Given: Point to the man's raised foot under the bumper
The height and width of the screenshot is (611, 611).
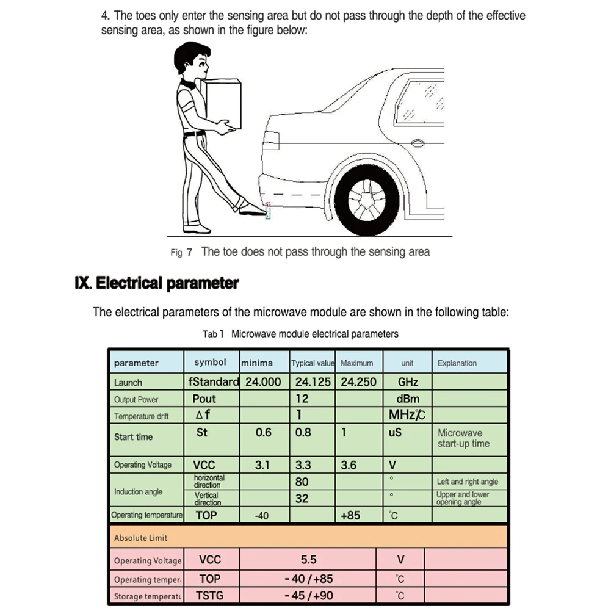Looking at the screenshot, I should [x=252, y=209].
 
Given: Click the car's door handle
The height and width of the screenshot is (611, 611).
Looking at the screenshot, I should [x=418, y=144].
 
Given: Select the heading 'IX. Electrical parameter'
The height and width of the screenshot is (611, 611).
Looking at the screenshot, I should [x=156, y=283].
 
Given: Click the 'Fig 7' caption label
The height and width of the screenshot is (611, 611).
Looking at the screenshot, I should [x=181, y=252].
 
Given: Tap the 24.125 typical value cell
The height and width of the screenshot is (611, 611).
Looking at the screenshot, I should [x=313, y=382].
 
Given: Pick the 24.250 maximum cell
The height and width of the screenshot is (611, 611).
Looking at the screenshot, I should [x=358, y=382].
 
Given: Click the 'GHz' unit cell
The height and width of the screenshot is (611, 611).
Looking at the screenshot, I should [x=408, y=382].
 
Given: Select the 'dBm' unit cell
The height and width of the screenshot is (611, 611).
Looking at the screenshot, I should [x=408, y=399].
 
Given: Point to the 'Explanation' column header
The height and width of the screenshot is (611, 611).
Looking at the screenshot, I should [x=457, y=363].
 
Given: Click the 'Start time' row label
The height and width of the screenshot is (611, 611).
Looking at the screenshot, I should [x=133, y=437].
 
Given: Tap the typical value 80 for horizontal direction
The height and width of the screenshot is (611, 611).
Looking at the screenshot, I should [x=302, y=482].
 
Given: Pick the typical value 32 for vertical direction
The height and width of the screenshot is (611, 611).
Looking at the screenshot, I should [x=302, y=498].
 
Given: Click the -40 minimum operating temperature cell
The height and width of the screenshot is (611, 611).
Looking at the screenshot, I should [x=261, y=516].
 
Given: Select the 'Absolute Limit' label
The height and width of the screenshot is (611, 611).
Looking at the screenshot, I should [x=140, y=538].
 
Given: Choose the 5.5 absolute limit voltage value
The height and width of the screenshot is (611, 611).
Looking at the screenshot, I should [x=309, y=559].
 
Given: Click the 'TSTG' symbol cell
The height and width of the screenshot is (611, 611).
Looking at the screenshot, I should [x=209, y=596].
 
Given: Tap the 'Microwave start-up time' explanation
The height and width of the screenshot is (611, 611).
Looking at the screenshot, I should [x=464, y=438].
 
